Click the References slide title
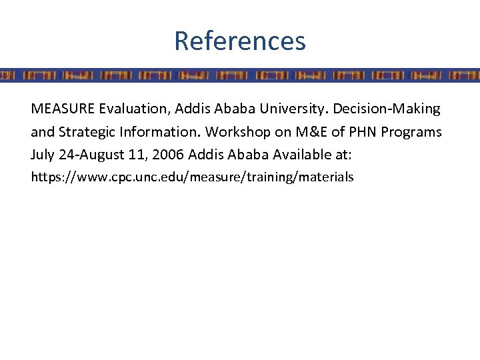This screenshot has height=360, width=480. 240,41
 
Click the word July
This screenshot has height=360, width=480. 43,155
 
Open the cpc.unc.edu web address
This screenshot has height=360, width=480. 192,177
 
